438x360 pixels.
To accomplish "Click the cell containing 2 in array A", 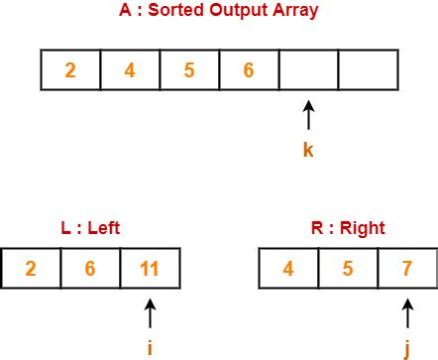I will click(70, 70).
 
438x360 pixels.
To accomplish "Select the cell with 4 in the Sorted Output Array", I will click(130, 70).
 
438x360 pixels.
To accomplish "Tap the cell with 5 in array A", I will click(189, 70).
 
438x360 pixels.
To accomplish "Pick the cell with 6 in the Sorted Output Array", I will click(249, 70).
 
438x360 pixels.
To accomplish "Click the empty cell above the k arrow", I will click(308, 70).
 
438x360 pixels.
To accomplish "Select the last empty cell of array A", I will click(367, 70).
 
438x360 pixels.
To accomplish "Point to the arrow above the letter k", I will click(308, 116).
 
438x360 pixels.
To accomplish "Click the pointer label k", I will click(308, 151).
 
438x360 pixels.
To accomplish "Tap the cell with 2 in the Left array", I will click(31, 268).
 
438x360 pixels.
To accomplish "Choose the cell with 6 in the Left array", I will click(90, 268).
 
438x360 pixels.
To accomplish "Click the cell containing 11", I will click(150, 268).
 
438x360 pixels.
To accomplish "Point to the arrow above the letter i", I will click(150, 314).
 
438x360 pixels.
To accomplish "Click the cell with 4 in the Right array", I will click(287, 268).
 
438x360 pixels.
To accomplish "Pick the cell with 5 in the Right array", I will click(347, 268).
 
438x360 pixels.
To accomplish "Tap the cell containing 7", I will click(406, 268).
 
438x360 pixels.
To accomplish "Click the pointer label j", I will click(406, 348).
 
